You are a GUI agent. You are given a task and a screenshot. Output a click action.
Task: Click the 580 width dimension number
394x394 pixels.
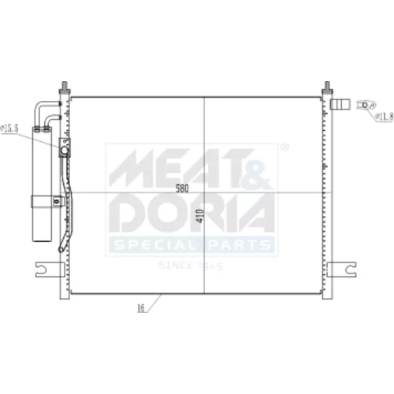click(x=182, y=188)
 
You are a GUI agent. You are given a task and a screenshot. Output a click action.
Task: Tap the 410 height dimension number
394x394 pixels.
click(x=200, y=216)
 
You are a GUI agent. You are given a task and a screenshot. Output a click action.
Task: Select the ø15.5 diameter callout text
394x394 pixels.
click(x=9, y=128)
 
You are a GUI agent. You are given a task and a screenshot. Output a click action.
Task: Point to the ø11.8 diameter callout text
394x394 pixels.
click(x=385, y=116)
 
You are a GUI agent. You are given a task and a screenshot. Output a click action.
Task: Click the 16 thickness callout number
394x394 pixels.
click(x=141, y=308)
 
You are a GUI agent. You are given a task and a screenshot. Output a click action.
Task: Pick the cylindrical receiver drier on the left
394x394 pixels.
click(x=42, y=184)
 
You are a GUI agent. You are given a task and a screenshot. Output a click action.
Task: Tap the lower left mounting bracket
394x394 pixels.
click(x=50, y=269)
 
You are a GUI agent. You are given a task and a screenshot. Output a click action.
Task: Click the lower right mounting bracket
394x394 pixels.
click(x=342, y=269)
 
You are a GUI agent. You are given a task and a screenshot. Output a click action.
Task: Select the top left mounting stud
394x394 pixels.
click(x=65, y=88)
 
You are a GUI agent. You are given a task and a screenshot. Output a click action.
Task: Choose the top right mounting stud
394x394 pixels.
click(x=327, y=88)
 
